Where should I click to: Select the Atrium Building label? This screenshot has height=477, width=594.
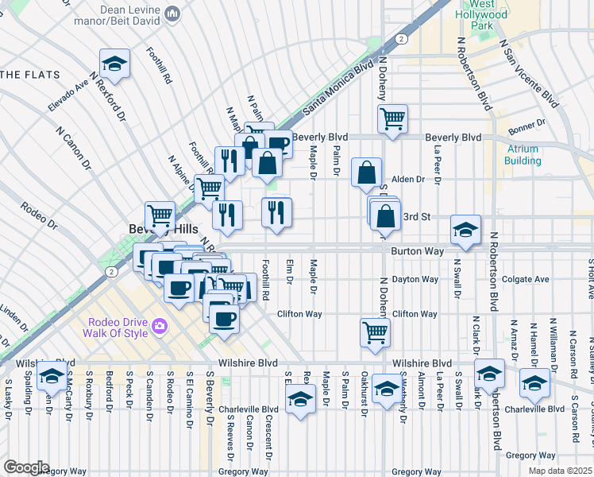coord(522,154)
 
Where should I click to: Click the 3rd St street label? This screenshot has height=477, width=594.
coord(417,216)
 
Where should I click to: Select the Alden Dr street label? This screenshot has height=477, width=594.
coord(409,180)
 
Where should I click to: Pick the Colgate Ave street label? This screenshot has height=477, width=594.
coord(525,280)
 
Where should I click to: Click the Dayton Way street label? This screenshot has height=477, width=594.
coord(415,280)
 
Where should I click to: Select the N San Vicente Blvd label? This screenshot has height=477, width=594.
coord(528,72)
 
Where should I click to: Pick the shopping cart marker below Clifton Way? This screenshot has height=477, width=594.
coord(375,332)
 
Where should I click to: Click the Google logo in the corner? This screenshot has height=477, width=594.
coord(25,467)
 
